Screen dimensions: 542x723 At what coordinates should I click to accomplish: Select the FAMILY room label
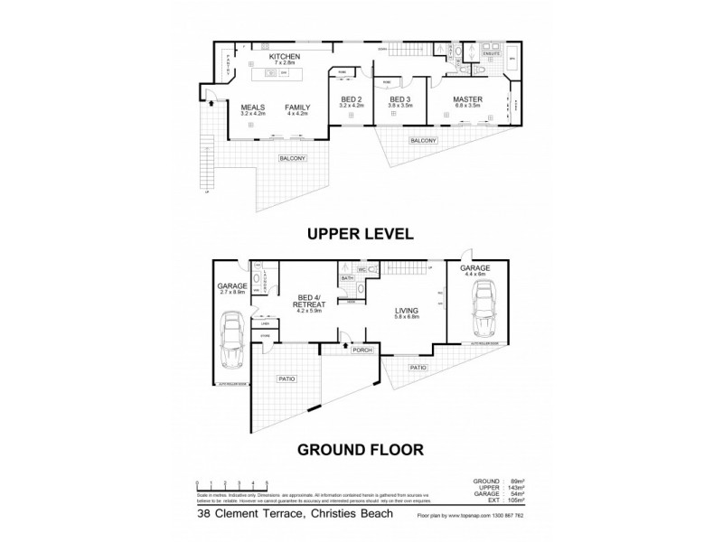297,107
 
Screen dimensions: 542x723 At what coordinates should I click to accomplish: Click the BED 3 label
400,99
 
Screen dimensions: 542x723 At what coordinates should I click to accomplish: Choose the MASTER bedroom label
467,99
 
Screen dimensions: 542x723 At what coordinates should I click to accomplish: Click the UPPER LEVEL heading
361,233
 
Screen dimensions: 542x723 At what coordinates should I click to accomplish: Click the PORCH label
363,350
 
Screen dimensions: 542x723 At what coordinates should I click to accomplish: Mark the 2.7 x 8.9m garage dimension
232,292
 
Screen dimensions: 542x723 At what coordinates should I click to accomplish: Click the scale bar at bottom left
231,486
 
